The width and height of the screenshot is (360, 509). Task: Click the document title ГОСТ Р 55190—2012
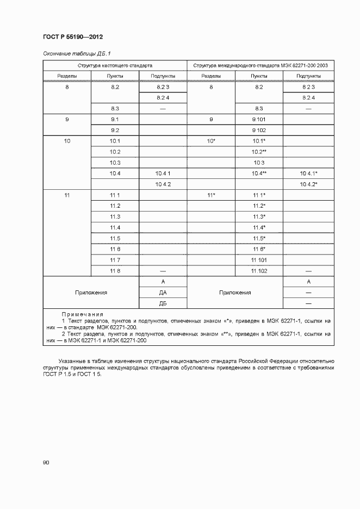(x=73, y=37)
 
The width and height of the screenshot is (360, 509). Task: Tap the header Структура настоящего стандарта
(x=115, y=65)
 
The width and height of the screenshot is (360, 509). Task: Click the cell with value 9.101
(x=258, y=119)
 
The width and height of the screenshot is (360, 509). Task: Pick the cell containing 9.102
(x=258, y=131)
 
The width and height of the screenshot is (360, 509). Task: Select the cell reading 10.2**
(x=258, y=152)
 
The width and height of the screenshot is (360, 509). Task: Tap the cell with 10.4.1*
(x=308, y=173)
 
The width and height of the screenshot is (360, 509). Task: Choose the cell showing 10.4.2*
(x=308, y=184)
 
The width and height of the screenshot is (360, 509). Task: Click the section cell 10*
(x=211, y=141)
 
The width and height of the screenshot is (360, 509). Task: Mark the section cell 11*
(x=211, y=195)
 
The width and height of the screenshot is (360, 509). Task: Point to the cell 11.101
(x=258, y=259)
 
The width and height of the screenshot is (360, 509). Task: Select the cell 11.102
(x=258, y=270)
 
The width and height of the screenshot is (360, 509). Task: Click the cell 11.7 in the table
(x=115, y=259)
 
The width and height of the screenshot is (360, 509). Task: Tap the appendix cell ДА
(x=163, y=292)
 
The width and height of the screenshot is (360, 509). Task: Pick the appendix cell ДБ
(x=163, y=303)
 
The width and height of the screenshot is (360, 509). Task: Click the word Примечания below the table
(x=82, y=314)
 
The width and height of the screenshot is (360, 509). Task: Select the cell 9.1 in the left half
(x=115, y=119)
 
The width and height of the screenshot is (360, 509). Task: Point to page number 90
(x=46, y=462)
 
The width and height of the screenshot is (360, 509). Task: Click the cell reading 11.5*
(x=258, y=238)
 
